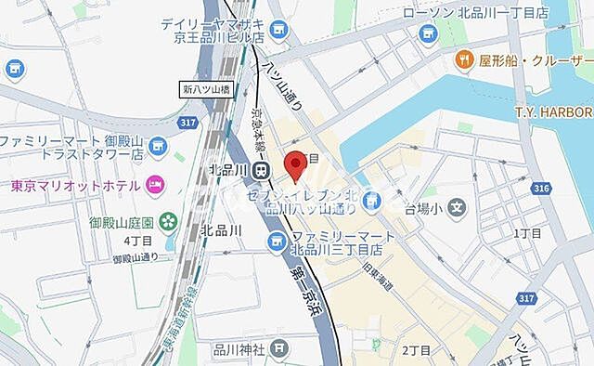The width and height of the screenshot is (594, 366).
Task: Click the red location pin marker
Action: click(296, 164)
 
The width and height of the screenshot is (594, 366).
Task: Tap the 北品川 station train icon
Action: click(264, 170)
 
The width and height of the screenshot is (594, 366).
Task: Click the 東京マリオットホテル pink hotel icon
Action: click(154, 186)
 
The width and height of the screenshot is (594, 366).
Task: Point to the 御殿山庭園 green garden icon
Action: click(168, 221)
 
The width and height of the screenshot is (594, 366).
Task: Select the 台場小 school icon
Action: click(455, 201)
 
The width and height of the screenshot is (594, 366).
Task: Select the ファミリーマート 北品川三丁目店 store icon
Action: click(276, 242)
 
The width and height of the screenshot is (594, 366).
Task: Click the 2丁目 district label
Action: click(417, 350)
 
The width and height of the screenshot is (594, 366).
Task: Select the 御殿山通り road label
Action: click(136, 257)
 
